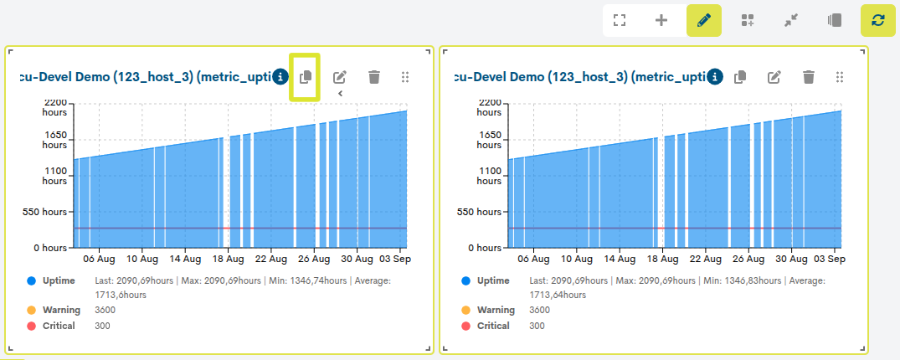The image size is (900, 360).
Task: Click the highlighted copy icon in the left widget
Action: pyautogui.click(x=306, y=76)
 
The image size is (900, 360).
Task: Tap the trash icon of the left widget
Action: pyautogui.click(x=374, y=76)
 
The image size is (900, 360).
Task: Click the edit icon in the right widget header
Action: pyautogui.click(x=775, y=76)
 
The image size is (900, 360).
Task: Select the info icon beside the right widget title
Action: pyautogui.click(x=715, y=76)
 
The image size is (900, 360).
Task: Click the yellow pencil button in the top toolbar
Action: pyautogui.click(x=704, y=21)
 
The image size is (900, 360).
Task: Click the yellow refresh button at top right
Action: pyautogui.click(x=877, y=21)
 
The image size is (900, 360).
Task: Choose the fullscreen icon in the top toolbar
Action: pyautogui.click(x=619, y=21)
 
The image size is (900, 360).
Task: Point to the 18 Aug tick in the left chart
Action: pyautogui.click(x=229, y=259)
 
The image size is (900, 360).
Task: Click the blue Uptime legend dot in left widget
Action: pyautogui.click(x=31, y=280)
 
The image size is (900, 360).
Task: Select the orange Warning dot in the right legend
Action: pyautogui.click(x=465, y=310)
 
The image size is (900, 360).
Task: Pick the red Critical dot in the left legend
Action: pyautogui.click(x=31, y=327)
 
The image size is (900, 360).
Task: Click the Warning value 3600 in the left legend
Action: pyautogui.click(x=105, y=310)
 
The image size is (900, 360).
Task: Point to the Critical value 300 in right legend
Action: pyautogui.click(x=537, y=327)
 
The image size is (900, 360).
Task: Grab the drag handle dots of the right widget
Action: pyautogui.click(x=840, y=76)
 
